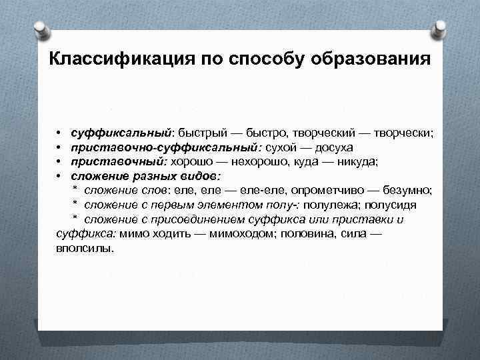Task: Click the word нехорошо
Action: [266, 161]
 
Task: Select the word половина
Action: [315, 234]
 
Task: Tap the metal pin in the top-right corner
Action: [439, 29]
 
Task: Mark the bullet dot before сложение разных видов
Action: [59, 176]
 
